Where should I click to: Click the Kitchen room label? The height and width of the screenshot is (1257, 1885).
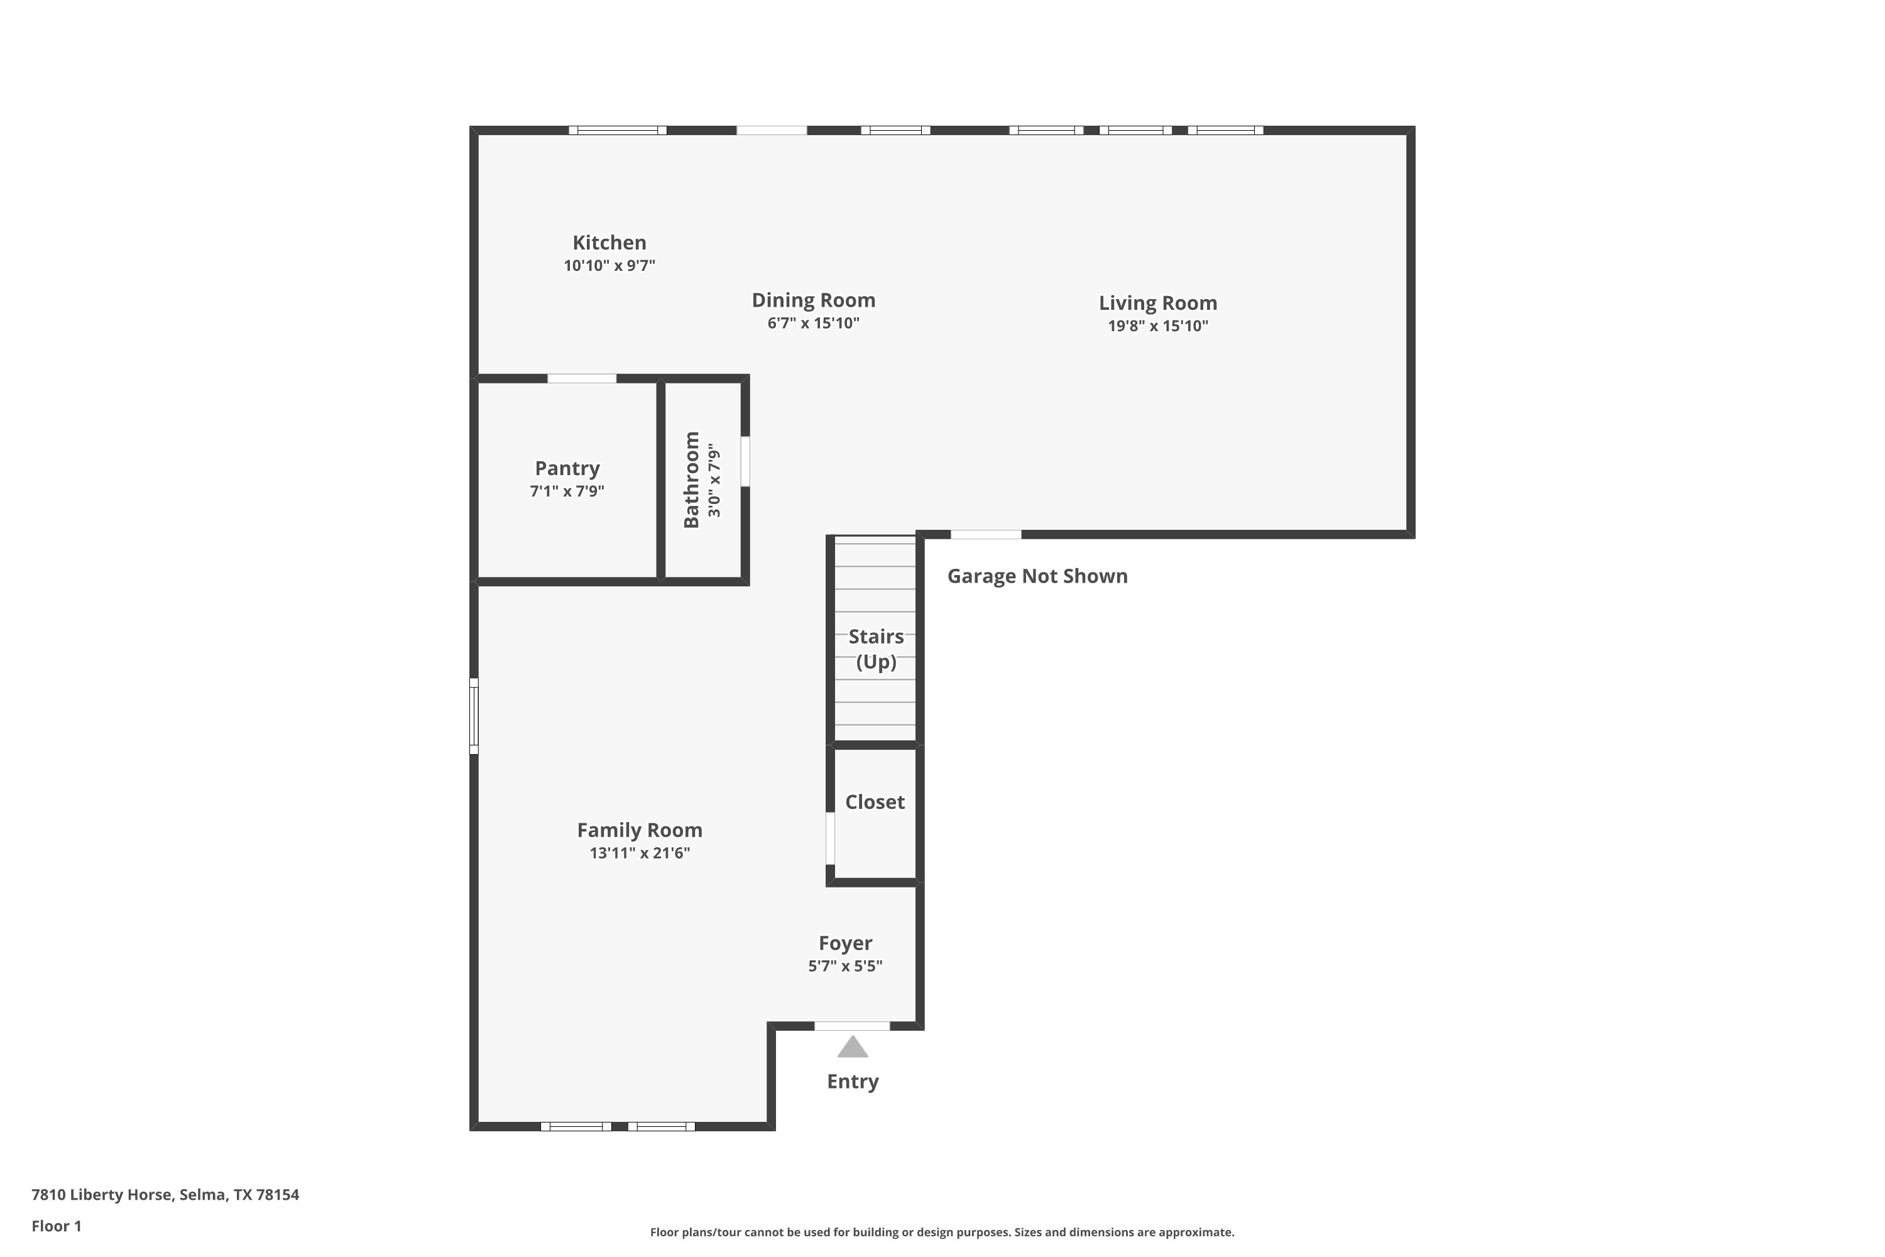pos(609,242)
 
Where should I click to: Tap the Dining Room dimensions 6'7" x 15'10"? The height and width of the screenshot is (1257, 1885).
pos(814,323)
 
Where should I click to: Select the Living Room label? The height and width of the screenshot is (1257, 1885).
pos(1157,303)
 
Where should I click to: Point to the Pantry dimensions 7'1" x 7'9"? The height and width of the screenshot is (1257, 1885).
pos(567,491)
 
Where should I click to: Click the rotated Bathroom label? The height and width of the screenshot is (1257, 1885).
pos(691,480)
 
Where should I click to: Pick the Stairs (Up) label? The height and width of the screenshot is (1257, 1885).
pos(876,649)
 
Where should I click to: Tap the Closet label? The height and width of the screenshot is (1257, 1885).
pos(875,802)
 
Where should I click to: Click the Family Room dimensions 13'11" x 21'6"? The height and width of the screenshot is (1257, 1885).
pos(640,853)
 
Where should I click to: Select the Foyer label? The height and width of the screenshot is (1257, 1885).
pos(844,943)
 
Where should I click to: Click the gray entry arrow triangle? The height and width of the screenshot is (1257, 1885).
pos(853,1048)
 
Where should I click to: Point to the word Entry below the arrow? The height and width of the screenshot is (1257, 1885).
pos(853,1082)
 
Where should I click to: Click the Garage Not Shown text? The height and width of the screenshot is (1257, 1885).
pos(1037,576)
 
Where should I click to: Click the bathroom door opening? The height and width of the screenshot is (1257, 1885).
pos(745,461)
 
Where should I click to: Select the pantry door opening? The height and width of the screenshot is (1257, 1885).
pos(582,378)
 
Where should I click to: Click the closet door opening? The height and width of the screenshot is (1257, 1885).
pos(830,838)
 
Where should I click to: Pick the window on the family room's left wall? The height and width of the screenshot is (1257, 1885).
pos(474,716)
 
